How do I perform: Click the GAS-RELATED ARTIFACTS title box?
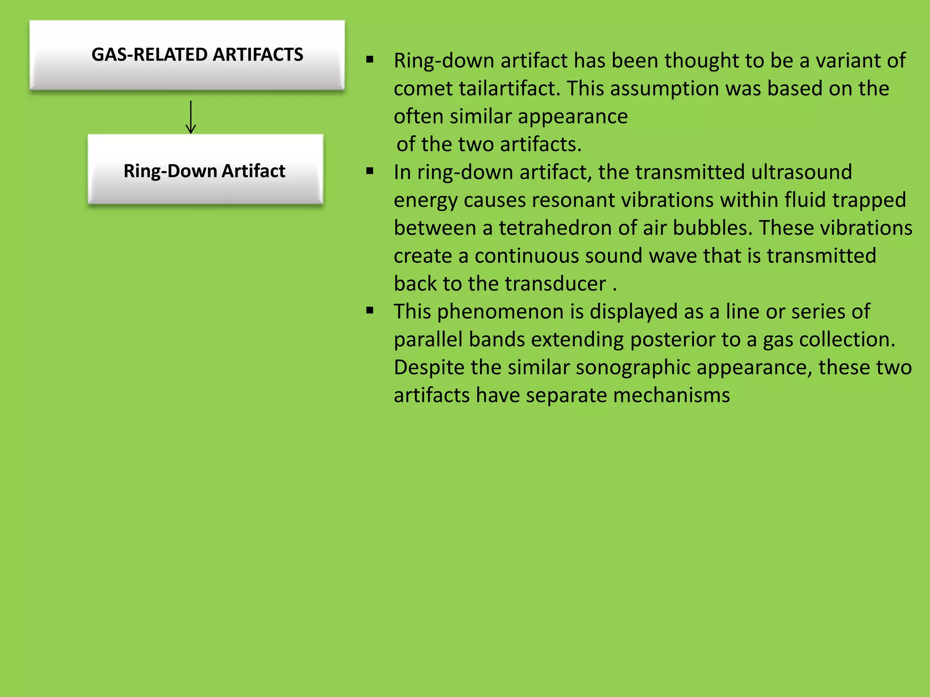click(187, 55)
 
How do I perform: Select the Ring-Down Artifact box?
click(205, 171)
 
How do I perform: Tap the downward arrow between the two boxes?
click(191, 117)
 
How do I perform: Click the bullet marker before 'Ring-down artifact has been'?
click(370, 59)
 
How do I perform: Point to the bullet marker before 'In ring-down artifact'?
click(370, 171)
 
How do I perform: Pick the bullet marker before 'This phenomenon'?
click(370, 311)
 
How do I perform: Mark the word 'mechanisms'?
click(671, 395)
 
